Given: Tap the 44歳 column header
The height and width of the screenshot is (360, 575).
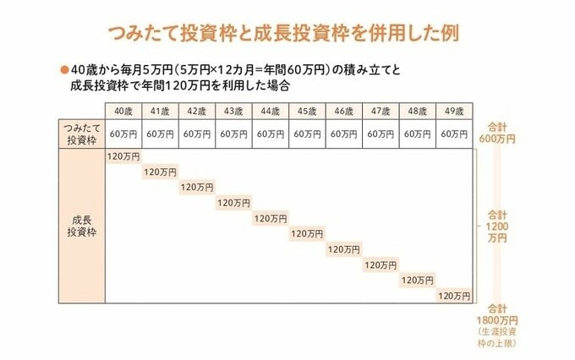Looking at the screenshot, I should click(x=270, y=111).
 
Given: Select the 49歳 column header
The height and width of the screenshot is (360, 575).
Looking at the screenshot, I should click(x=453, y=111).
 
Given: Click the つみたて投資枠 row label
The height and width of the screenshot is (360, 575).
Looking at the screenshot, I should click(x=81, y=134).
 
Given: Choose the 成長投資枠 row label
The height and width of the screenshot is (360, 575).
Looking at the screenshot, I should click(x=81, y=226).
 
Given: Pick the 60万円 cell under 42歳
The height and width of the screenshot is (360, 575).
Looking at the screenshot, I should click(x=197, y=134).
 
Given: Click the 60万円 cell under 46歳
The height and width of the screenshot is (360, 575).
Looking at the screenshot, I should click(x=343, y=134).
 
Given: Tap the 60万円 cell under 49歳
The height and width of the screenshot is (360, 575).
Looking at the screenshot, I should click(x=453, y=134).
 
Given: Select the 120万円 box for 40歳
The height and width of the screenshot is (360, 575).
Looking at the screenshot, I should click(x=123, y=157).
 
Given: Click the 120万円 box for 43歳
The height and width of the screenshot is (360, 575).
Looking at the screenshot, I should click(x=233, y=203).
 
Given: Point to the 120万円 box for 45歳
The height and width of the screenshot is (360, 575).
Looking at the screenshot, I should click(x=306, y=233).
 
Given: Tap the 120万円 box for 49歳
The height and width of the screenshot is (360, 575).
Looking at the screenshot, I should click(x=453, y=295).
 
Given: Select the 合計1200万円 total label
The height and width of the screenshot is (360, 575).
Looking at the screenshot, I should click(x=497, y=226).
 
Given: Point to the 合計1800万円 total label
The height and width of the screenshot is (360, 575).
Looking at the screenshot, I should click(x=497, y=314).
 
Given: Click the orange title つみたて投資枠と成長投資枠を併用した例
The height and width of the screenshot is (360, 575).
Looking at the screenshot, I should click(x=287, y=34).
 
